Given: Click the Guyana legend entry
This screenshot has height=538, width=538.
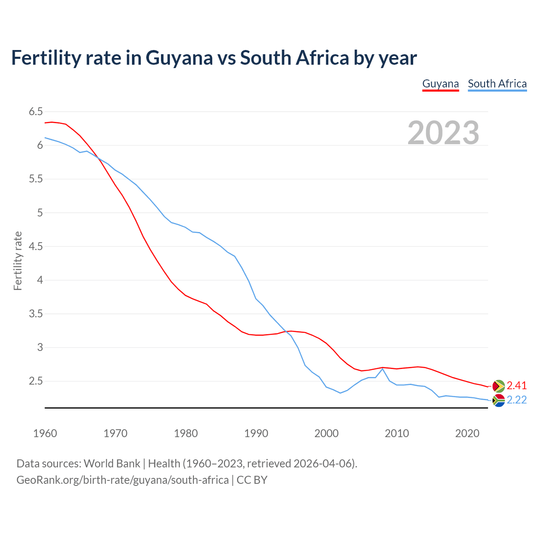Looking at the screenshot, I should click(440, 84).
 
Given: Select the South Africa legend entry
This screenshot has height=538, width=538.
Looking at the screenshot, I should click(497, 84).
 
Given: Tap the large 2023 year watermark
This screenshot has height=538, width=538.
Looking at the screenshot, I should click(443, 133).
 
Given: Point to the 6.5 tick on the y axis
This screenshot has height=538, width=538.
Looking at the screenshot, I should click(36, 112).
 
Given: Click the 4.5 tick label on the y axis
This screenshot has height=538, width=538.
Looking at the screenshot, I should click(36, 246).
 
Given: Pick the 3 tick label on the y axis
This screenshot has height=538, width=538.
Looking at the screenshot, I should click(40, 347).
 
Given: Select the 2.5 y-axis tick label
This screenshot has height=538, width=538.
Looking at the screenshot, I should click(36, 381).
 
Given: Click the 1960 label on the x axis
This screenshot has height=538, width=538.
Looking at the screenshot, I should click(45, 433).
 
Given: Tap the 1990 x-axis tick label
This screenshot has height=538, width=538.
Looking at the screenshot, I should click(256, 433).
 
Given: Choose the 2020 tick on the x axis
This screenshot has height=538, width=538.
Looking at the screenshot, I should click(467, 433).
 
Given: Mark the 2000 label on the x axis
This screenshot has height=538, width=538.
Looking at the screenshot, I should click(326, 433).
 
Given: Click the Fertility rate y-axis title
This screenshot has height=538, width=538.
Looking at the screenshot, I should click(18, 261).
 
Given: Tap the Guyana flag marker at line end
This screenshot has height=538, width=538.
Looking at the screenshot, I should click(498, 386).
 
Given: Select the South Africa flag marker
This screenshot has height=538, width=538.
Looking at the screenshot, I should click(498, 401).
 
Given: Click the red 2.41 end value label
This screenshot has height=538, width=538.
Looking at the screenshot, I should click(517, 386).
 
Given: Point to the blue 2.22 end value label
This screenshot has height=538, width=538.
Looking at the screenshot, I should click(517, 400).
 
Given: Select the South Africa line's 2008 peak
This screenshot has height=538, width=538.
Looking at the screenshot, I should click(382, 369).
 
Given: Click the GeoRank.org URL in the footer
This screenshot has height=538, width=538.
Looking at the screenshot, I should click(122, 480).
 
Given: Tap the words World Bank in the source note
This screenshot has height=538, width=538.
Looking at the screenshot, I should click(112, 464).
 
